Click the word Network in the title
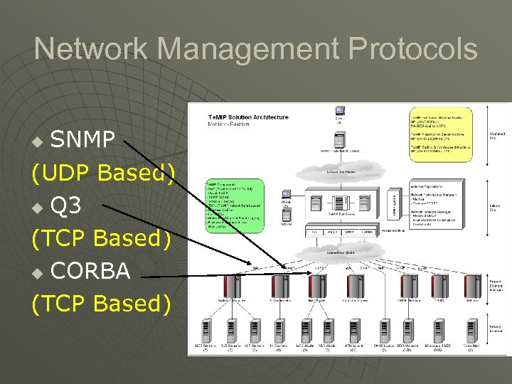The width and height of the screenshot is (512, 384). pyautogui.click(x=91, y=50)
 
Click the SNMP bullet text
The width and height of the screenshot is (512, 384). pyautogui.click(x=82, y=140)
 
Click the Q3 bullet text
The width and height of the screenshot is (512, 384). pyautogui.click(x=66, y=206)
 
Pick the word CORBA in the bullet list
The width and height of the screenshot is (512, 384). pyautogui.click(x=90, y=271)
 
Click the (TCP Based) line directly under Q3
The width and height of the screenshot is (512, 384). pyautogui.click(x=101, y=238)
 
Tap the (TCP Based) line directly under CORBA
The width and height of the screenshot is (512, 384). pyautogui.click(x=101, y=304)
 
